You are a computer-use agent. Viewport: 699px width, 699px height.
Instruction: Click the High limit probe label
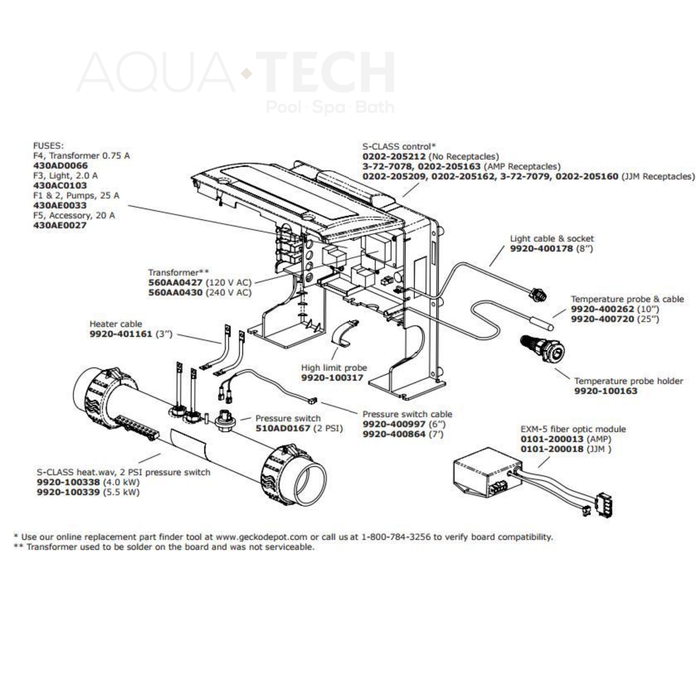click(x=334, y=368)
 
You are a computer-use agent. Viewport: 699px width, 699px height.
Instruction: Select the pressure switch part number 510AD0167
click(x=283, y=427)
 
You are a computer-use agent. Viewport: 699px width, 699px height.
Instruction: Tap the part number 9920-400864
click(x=390, y=435)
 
